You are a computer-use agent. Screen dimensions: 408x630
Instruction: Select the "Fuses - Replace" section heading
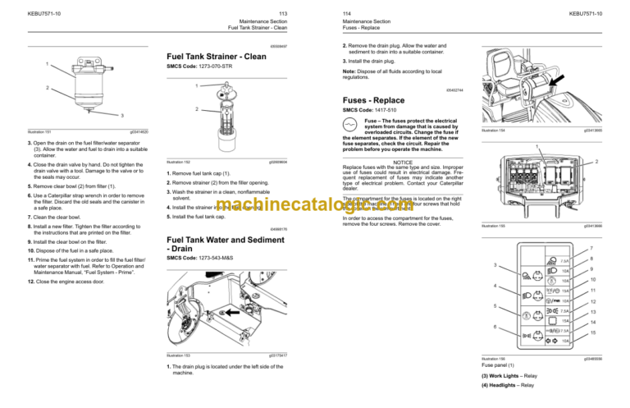point(376,99)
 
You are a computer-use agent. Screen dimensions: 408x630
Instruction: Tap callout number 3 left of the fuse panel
point(495,264)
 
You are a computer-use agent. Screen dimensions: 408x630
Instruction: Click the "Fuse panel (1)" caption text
point(500,364)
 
